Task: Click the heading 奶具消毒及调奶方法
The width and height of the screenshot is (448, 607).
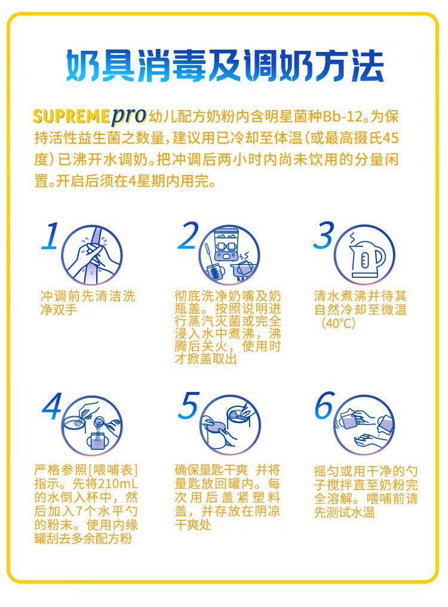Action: [225, 66]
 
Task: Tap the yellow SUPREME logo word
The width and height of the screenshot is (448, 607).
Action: [72, 116]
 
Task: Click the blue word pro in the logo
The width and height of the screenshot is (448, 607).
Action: [129, 116]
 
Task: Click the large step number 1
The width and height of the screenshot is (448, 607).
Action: [51, 235]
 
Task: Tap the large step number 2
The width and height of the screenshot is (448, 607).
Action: [188, 235]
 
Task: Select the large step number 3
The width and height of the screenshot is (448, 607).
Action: [324, 235]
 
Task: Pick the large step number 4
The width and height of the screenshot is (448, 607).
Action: [52, 406]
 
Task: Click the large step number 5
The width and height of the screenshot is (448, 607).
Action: [189, 405]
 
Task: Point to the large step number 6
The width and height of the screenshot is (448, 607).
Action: [324, 405]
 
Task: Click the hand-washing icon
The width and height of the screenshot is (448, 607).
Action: [92, 255]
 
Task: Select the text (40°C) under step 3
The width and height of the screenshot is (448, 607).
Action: [339, 323]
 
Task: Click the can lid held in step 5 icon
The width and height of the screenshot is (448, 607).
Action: [214, 427]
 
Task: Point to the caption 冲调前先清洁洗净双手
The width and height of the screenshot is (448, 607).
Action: [88, 303]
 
